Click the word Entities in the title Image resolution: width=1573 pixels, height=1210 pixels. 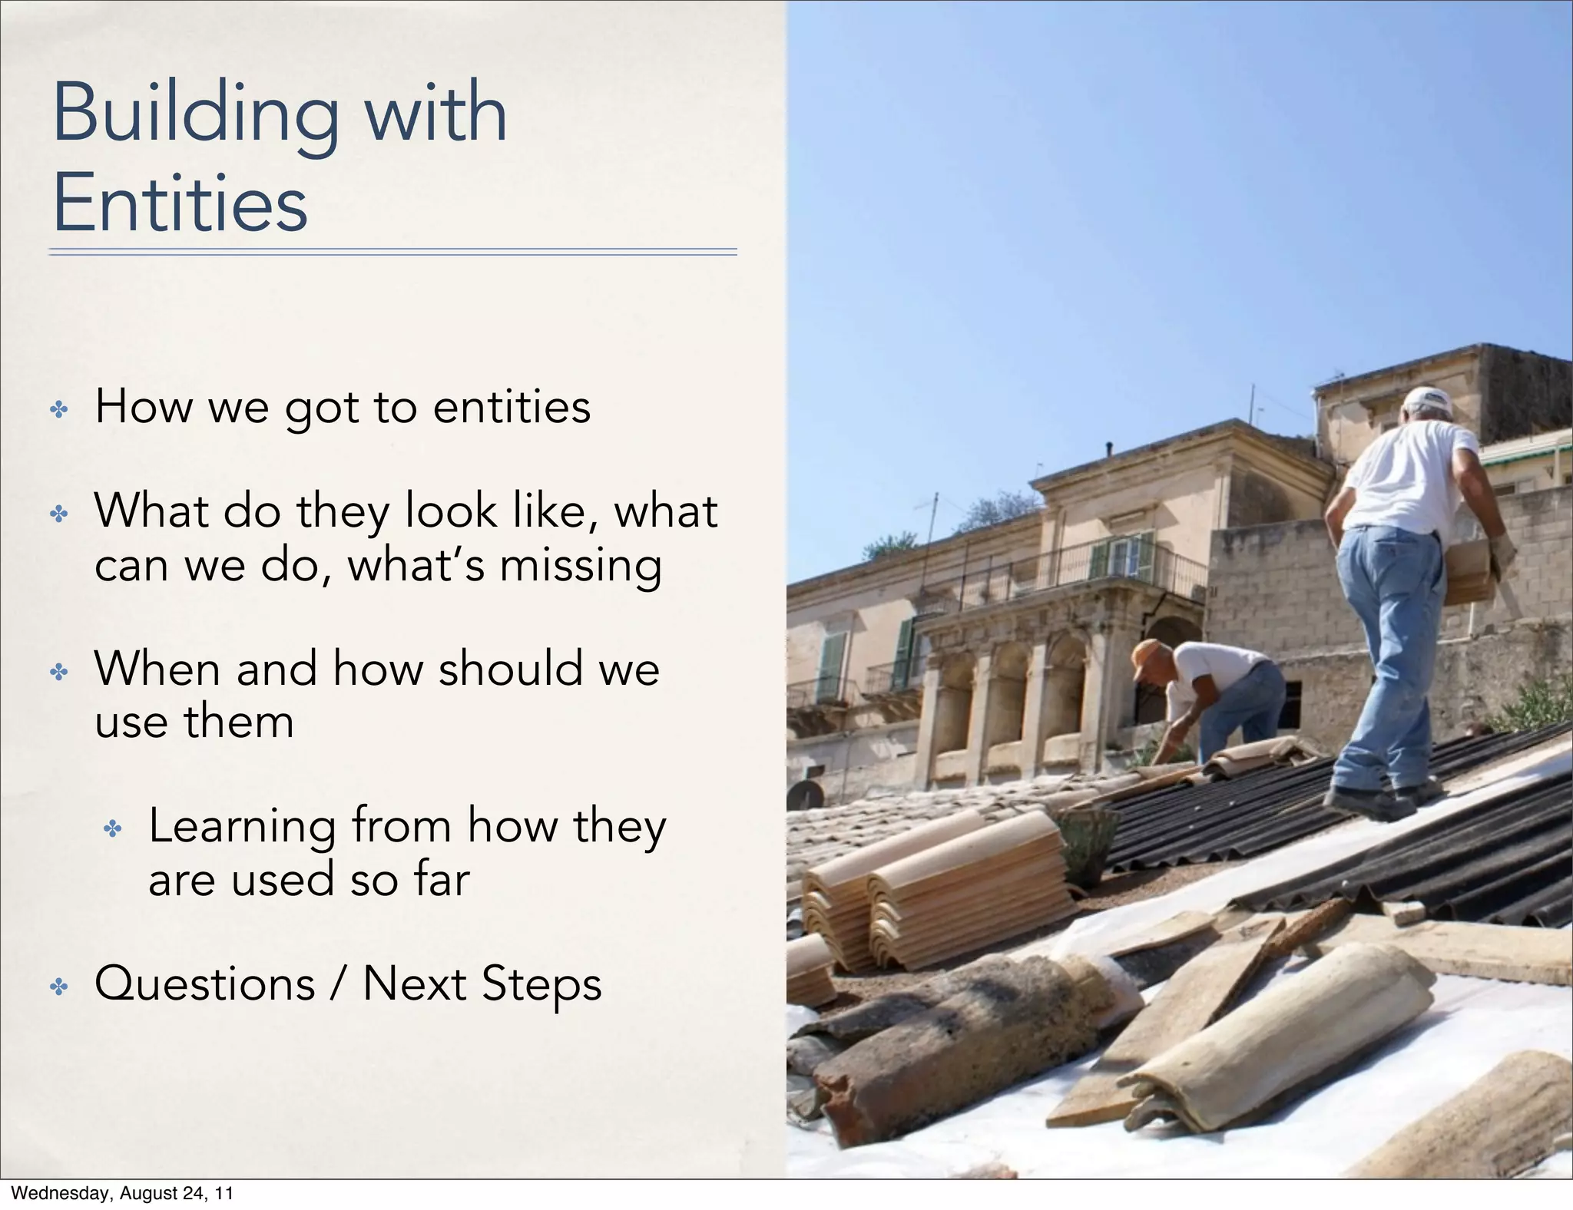pos(180,203)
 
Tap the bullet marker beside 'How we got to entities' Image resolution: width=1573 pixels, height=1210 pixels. pos(59,409)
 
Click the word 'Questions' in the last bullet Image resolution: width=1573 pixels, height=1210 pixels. pos(204,984)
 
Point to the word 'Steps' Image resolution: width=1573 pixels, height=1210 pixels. pos(541,985)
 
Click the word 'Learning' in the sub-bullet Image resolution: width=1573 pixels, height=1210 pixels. pos(242,827)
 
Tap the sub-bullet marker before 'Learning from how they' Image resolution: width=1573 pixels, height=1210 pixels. pos(113,828)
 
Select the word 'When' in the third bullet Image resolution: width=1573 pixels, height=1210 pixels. pos(157,668)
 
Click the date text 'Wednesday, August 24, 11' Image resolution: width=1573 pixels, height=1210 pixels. pos(122,1193)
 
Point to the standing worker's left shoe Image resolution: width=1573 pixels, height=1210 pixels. pos(1367,802)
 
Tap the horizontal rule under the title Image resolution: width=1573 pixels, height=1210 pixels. pos(392,251)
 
